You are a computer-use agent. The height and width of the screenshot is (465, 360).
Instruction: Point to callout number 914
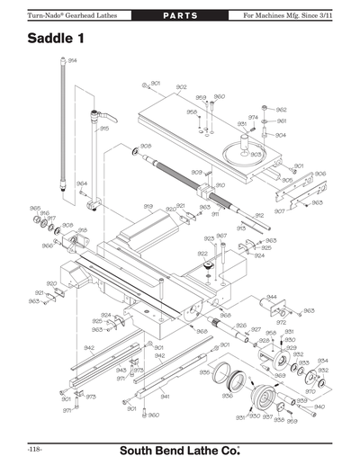point(72,60)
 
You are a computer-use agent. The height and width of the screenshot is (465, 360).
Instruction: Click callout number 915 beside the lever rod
point(104,129)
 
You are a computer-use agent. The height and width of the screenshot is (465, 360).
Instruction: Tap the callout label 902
point(181,87)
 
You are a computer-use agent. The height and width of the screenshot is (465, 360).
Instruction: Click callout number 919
point(148,206)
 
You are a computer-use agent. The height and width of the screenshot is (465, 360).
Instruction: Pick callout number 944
point(271,296)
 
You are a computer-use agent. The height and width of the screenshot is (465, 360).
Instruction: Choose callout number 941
point(166,396)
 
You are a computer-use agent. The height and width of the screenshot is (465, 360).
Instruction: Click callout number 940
point(319,407)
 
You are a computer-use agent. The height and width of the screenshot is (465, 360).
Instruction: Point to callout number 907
point(280,211)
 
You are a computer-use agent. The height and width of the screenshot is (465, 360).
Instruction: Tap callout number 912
point(259,216)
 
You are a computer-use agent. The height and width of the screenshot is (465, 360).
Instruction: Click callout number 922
point(202,255)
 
